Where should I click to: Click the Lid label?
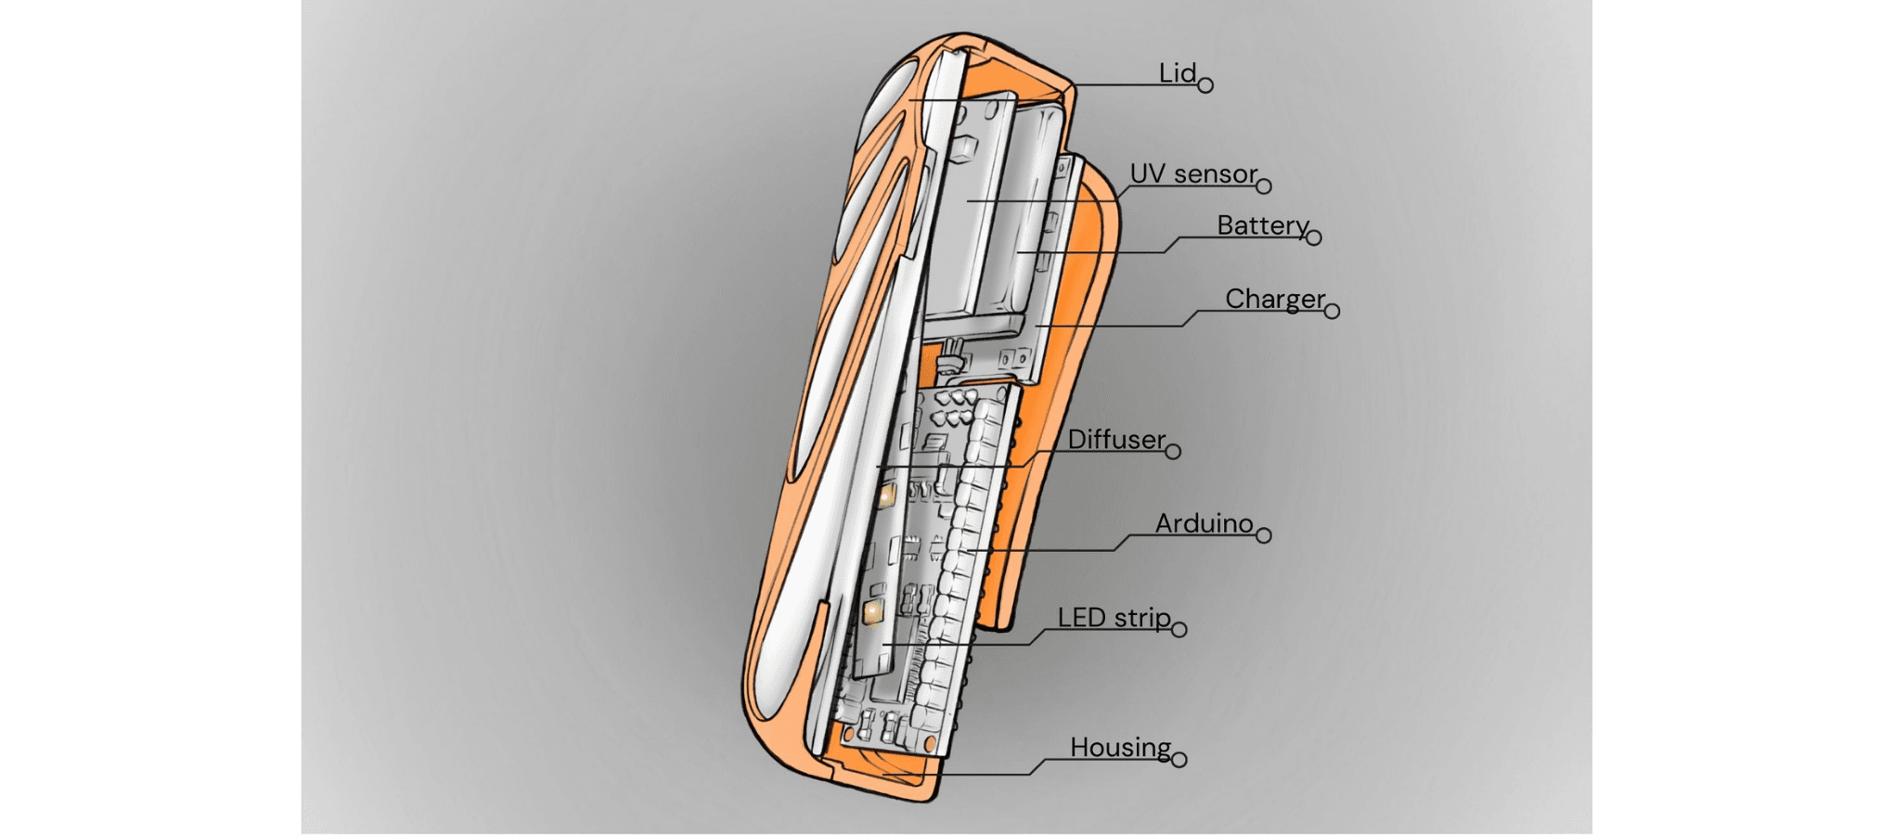click(x=1177, y=73)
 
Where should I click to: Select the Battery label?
click(x=1262, y=225)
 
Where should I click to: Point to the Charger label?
click(x=1274, y=299)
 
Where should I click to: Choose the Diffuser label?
click(x=1115, y=439)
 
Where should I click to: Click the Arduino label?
click(x=1204, y=523)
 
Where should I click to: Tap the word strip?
click(x=1142, y=618)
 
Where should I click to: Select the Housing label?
click(x=1120, y=747)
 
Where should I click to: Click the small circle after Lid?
click(x=1205, y=85)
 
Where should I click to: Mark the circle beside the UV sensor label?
click(x=1263, y=186)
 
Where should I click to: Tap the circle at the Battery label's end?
click(x=1313, y=238)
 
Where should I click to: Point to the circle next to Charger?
click(x=1332, y=312)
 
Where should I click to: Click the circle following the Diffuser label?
click(x=1173, y=452)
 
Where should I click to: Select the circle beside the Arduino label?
click(x=1263, y=535)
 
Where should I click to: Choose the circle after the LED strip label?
click(x=1179, y=630)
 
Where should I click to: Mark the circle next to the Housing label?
click(x=1179, y=760)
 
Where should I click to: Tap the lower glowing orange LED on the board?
click(x=872, y=610)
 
